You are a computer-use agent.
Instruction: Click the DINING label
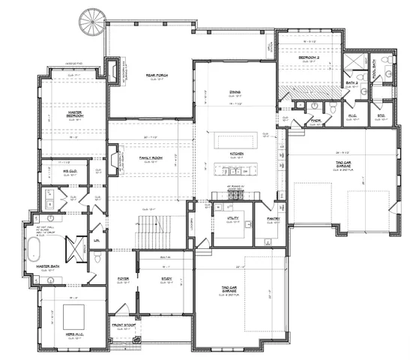pos(235,92)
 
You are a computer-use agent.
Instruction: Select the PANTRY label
pos(273,219)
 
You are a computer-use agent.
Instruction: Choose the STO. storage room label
pos(380,116)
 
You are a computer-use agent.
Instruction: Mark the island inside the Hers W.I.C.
pos(75,313)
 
